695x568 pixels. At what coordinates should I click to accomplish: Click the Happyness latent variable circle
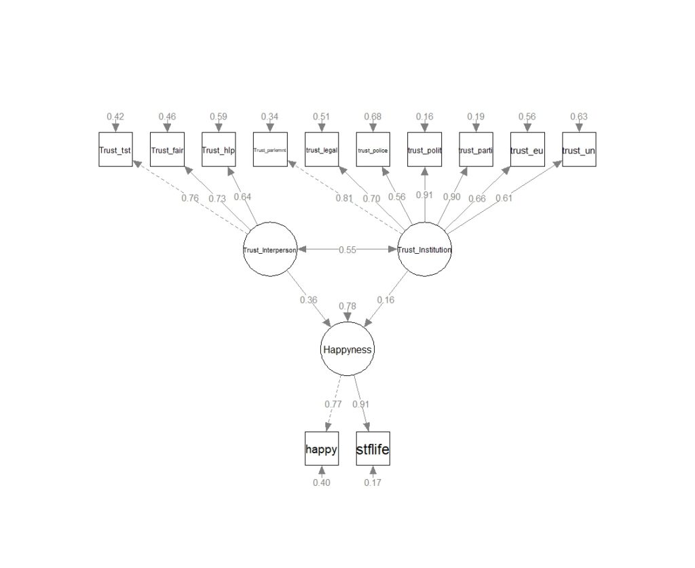[347, 349]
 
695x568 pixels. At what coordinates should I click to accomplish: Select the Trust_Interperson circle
[270, 250]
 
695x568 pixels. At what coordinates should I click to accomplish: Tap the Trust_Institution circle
[424, 250]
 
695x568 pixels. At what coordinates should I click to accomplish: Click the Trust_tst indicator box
[115, 150]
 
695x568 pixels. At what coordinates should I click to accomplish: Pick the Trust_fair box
[167, 150]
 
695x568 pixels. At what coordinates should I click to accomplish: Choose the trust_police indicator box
[373, 150]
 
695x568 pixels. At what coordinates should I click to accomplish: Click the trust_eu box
[527, 150]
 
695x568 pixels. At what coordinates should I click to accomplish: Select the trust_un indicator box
[578, 150]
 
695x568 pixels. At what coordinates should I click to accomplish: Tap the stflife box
[373, 449]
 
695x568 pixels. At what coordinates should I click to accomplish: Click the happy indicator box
[321, 449]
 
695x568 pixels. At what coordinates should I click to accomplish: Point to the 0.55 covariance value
[347, 250]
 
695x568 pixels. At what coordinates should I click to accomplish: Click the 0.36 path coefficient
[308, 300]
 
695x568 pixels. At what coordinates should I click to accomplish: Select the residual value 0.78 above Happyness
[347, 306]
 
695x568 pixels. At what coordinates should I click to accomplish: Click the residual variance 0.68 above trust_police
[373, 117]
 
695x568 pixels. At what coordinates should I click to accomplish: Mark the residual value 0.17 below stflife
[373, 482]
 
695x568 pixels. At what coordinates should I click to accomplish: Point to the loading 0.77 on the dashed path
[333, 404]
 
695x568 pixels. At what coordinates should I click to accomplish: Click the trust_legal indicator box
[321, 150]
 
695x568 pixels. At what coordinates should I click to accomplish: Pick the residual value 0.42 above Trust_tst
[115, 117]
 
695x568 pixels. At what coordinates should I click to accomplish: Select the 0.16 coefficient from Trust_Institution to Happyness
[386, 300]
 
